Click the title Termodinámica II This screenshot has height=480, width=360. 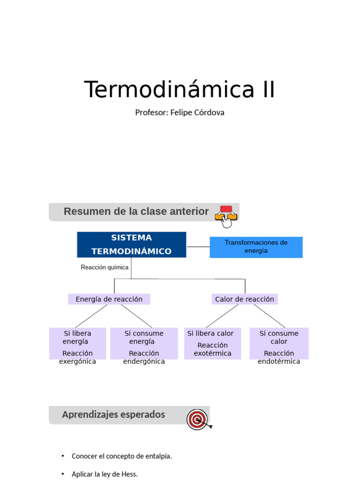pyautogui.click(x=180, y=90)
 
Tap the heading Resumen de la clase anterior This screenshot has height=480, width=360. pyautogui.click(x=136, y=211)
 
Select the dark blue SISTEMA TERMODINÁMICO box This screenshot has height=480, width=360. pyautogui.click(x=131, y=245)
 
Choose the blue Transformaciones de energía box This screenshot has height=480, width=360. pyautogui.click(x=256, y=247)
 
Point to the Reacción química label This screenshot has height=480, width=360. pyautogui.click(x=105, y=267)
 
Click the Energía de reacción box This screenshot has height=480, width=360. pyautogui.click(x=109, y=299)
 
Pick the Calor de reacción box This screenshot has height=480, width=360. pyautogui.click(x=244, y=299)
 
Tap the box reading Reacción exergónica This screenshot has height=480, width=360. pyautogui.click(x=78, y=344)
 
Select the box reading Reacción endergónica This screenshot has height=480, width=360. pyautogui.click(x=144, y=344)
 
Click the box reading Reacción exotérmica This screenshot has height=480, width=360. pyautogui.click(x=212, y=344)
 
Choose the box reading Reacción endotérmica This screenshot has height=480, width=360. pyautogui.click(x=279, y=344)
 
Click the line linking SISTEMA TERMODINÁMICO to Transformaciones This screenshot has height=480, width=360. pyautogui.click(x=198, y=247)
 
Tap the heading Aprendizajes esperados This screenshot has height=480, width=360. pyautogui.click(x=113, y=415)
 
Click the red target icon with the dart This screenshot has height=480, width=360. pyautogui.click(x=198, y=419)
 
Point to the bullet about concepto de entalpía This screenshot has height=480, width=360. pyautogui.click(x=121, y=456)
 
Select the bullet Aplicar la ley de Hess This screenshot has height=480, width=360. pyautogui.click(x=105, y=474)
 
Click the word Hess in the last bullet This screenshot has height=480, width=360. pyautogui.click(x=130, y=474)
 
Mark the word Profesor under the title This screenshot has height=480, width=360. pyautogui.click(x=151, y=112)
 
